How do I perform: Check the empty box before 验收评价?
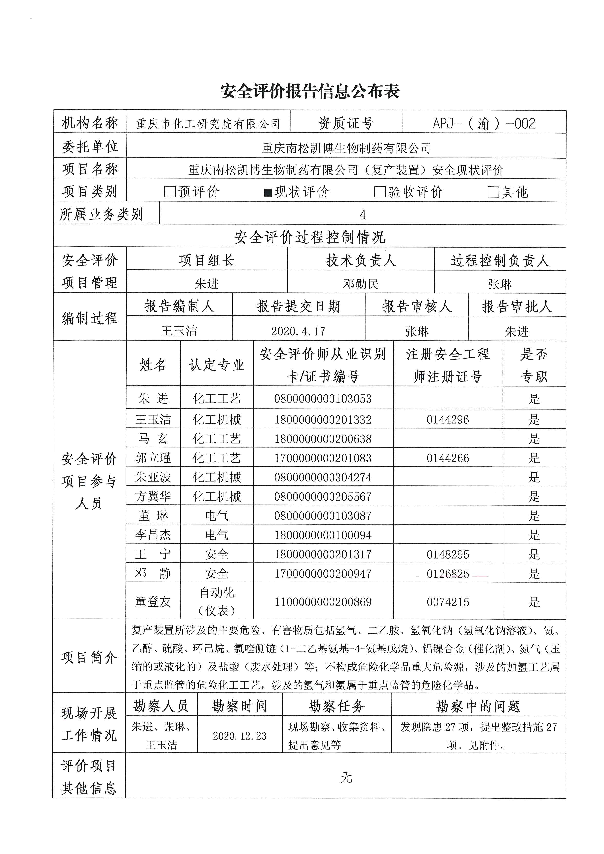380,192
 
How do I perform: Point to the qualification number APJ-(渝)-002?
484,123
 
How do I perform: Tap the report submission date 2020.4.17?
298,331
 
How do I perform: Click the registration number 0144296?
448,420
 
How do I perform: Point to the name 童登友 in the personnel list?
153,601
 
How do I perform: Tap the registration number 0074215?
448,602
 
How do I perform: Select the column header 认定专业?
217,365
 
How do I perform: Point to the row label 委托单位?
90,147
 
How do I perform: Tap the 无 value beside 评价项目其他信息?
346,777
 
